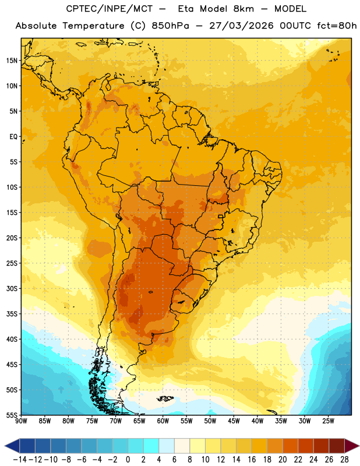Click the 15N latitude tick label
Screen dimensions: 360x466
(x=12, y=61)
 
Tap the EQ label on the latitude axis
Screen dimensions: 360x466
(x=13, y=137)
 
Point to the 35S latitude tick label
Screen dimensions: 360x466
(x=12, y=314)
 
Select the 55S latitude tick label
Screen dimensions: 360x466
(x=12, y=415)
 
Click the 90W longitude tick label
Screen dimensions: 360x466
(x=21, y=421)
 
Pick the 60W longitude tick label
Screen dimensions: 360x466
(x=163, y=421)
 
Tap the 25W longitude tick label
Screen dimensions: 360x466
(x=328, y=421)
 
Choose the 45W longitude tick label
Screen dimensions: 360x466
(x=234, y=421)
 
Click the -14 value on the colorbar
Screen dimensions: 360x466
(x=20, y=460)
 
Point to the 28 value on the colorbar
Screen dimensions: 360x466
(x=344, y=460)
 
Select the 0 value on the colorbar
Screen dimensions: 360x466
(x=128, y=460)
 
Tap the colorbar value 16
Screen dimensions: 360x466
(x=252, y=460)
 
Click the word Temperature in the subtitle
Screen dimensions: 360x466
(x=93, y=26)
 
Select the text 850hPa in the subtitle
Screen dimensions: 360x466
(x=170, y=26)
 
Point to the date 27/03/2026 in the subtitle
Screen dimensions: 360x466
(x=241, y=26)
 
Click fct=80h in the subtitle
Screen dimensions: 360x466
(x=337, y=26)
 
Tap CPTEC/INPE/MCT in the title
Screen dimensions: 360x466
(x=109, y=9)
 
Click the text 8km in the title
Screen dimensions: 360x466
(x=243, y=9)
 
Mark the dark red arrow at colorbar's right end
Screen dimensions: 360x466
(x=352, y=446)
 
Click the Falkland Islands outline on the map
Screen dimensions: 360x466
(x=165, y=398)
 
